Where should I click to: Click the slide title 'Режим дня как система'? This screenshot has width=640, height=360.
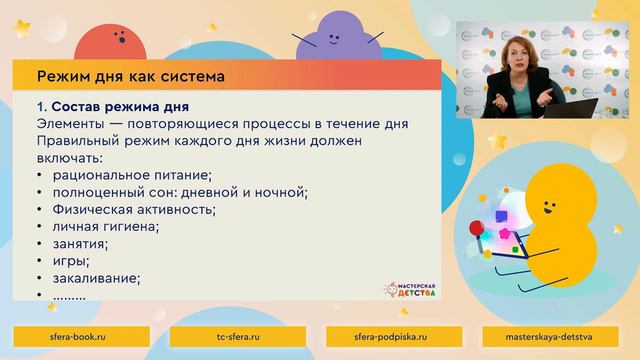[x=130, y=75]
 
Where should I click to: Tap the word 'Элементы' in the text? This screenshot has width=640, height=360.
[x=70, y=123]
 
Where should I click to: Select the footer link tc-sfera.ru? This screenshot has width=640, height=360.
[x=241, y=338]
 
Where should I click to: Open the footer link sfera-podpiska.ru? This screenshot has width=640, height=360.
[x=398, y=338]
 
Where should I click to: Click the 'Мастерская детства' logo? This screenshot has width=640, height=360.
[x=414, y=290]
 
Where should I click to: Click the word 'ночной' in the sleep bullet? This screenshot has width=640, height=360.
[x=282, y=192]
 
